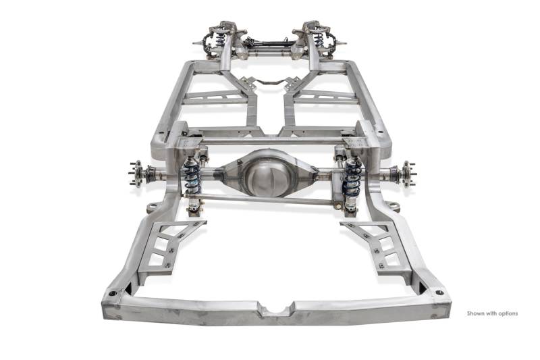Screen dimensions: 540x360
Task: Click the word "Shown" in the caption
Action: click(475, 313)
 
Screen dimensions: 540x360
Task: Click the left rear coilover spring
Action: click(192, 176)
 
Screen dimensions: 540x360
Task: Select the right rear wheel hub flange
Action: click(407, 174)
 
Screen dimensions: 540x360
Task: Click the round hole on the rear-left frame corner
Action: click(113, 294)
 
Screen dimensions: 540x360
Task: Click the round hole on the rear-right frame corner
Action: click(439, 293)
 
